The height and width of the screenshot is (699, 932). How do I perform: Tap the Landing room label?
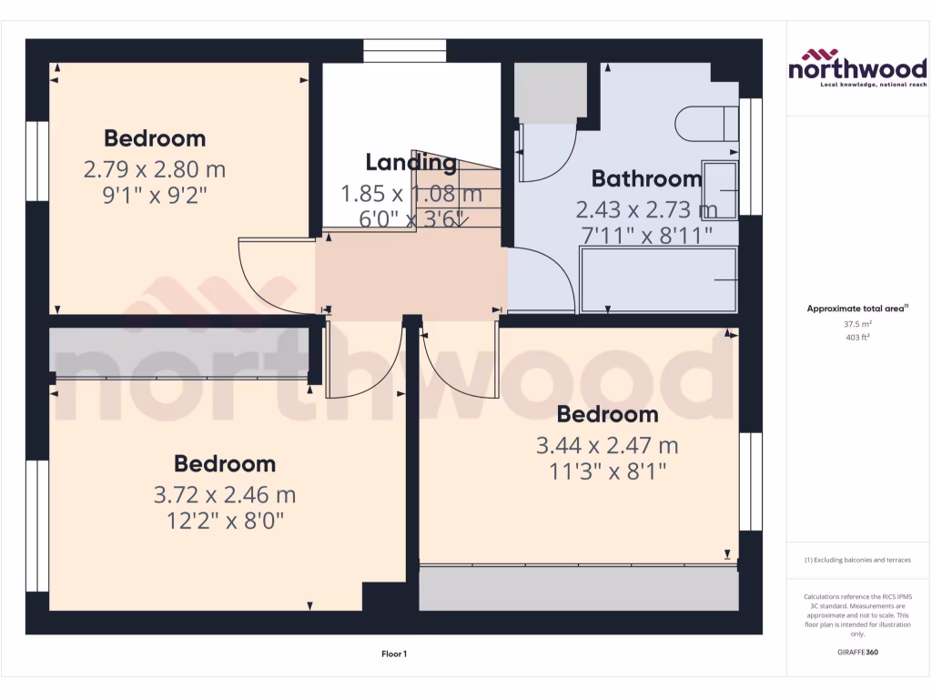410,163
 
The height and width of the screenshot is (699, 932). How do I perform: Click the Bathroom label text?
646,178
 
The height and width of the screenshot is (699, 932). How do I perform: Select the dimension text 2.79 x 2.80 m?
155,169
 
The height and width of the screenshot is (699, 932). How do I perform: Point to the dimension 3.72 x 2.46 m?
225,495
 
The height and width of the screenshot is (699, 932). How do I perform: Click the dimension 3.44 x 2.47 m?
607,446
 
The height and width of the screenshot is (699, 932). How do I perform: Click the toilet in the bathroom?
707,123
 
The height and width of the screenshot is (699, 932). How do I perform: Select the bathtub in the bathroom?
658,282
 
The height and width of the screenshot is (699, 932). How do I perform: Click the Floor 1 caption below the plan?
393,653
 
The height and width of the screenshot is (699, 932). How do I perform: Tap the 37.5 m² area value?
857,323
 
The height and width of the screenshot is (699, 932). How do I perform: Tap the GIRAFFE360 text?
857,653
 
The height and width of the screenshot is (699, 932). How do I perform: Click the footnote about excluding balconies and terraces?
857,560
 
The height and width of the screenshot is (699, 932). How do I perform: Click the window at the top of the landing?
404,50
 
